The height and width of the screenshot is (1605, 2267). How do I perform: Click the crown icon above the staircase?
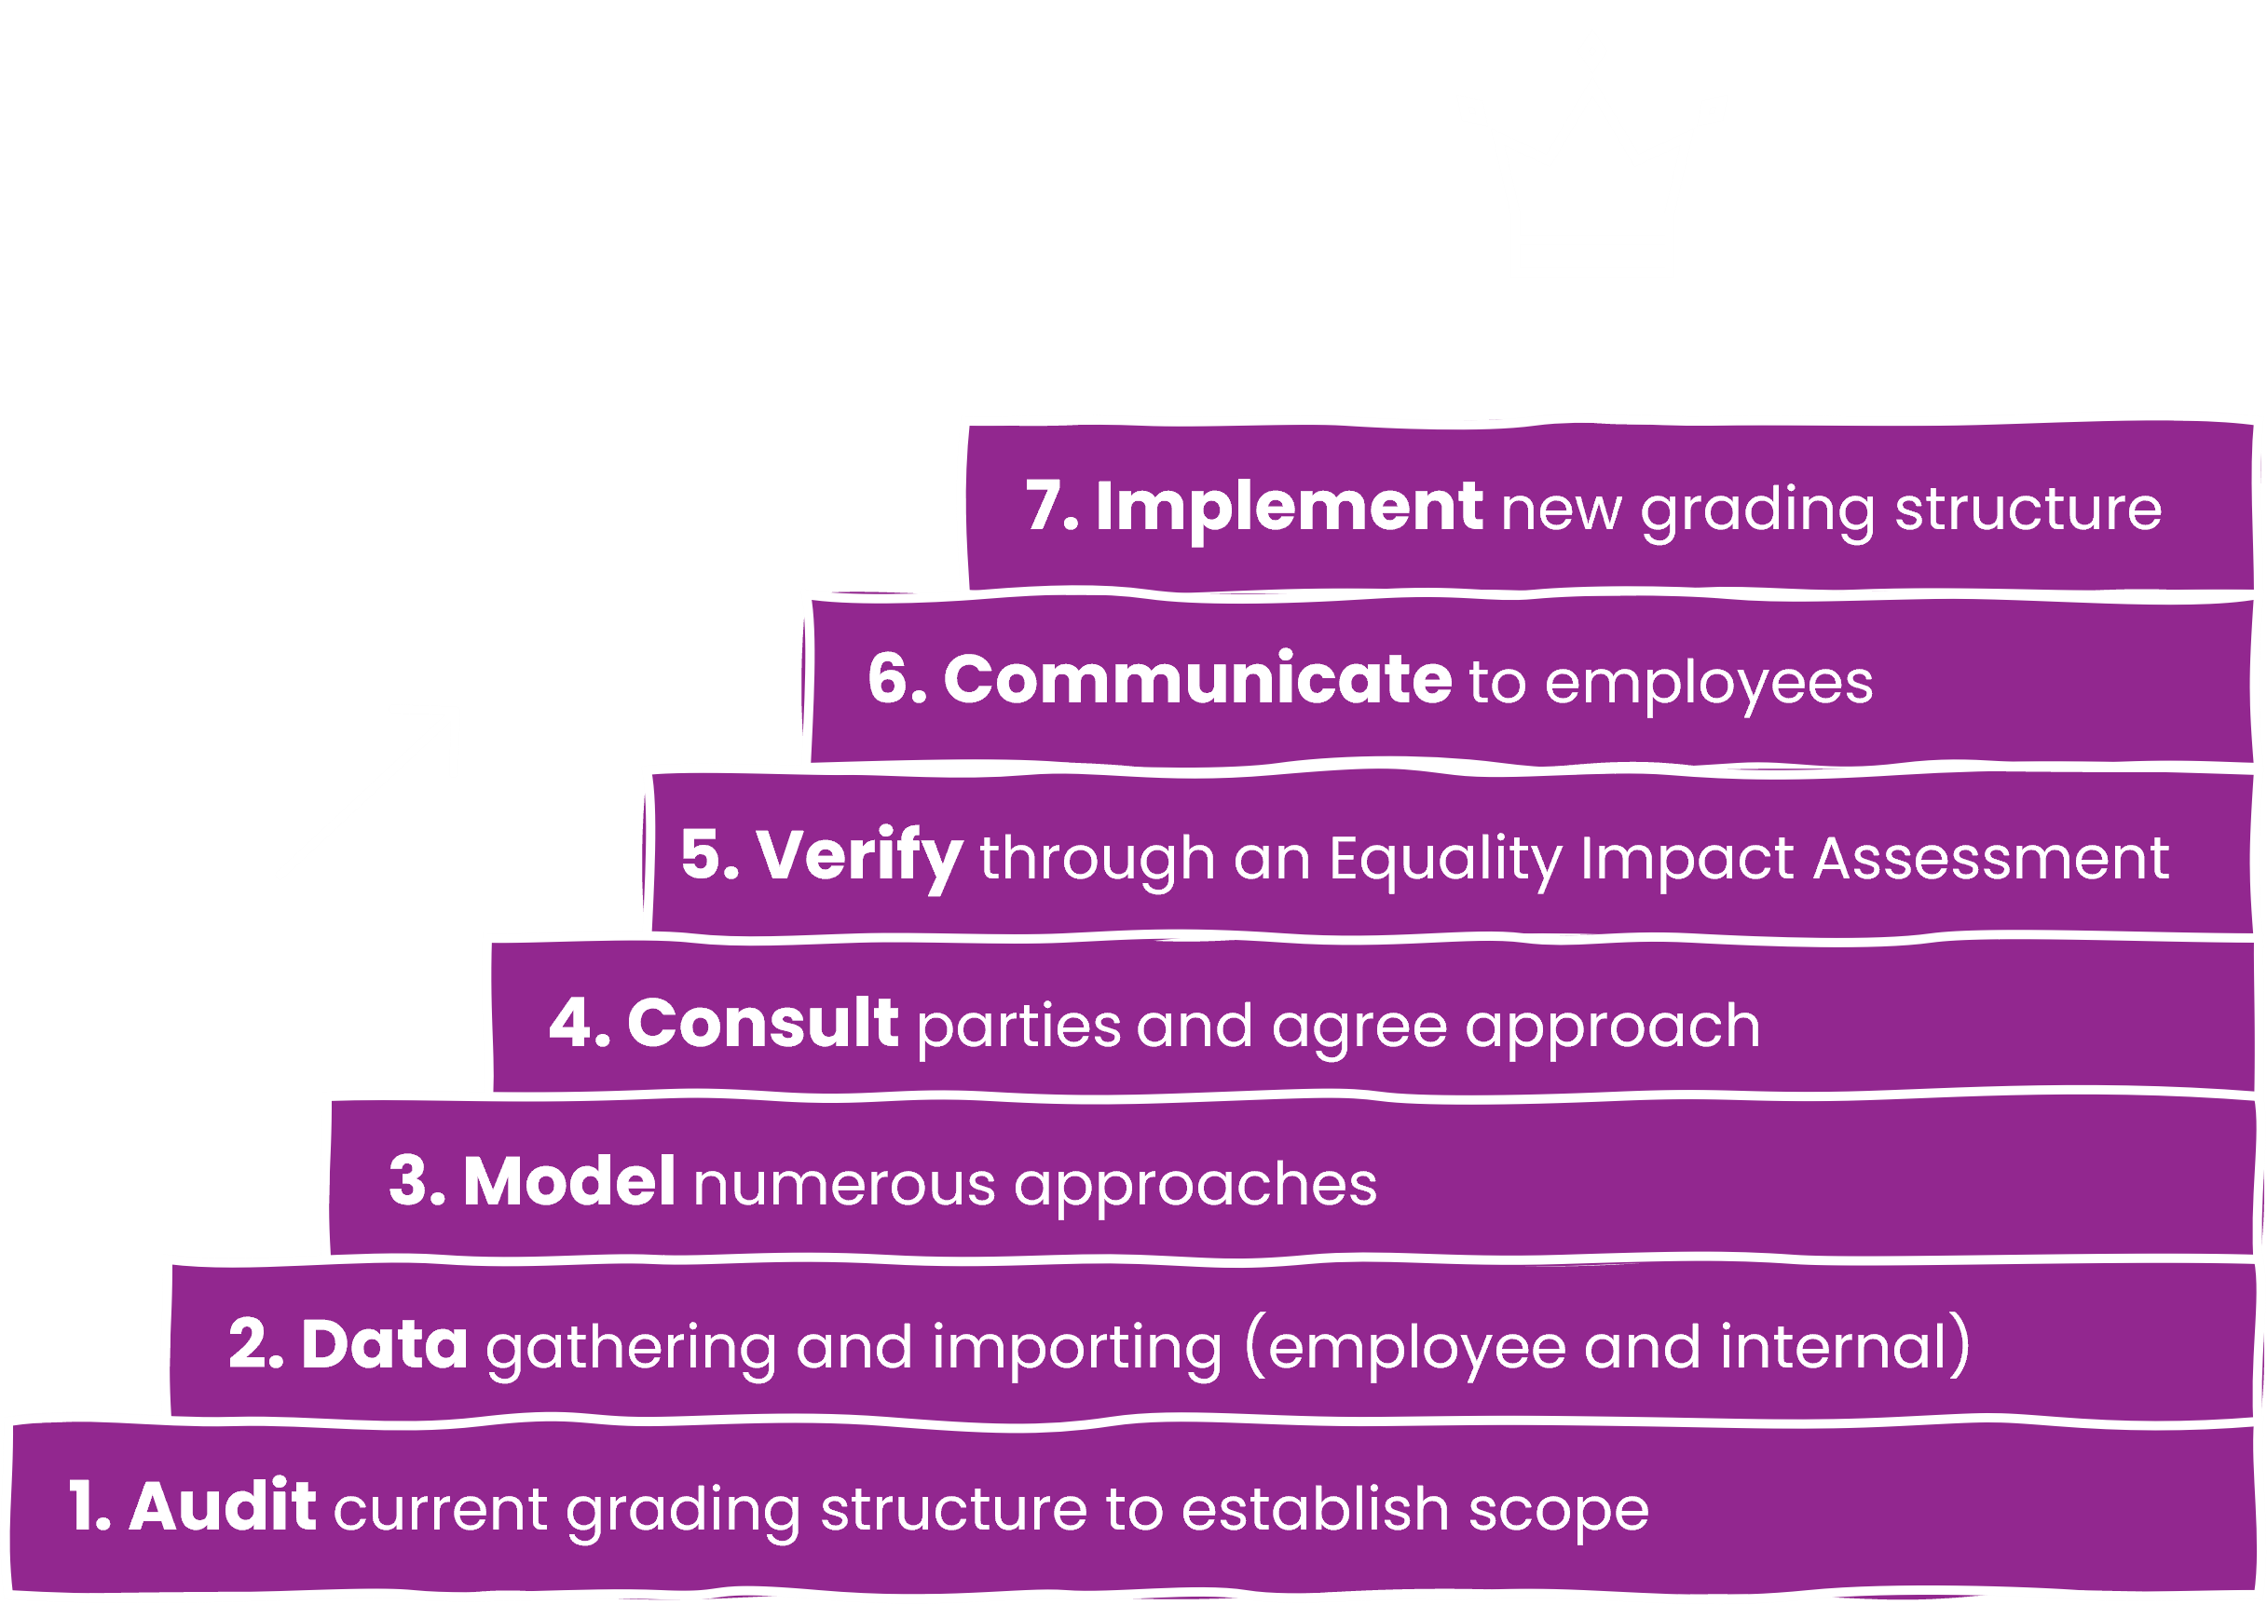(1591, 178)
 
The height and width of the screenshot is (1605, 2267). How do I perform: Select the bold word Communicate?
(1197, 680)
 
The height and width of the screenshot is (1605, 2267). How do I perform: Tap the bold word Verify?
(859, 856)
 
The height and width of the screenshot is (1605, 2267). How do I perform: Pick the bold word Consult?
(762, 1024)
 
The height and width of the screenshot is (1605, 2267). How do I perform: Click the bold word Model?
(569, 1182)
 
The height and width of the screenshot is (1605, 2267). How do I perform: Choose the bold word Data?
(384, 1345)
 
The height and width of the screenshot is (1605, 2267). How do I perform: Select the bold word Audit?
(223, 1507)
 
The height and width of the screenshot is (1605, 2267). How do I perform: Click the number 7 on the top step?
(1046, 507)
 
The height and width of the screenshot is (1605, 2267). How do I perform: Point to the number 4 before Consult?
(570, 1024)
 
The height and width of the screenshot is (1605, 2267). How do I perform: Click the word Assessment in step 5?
(1991, 858)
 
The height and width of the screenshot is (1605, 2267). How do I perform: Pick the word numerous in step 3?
(844, 1184)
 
